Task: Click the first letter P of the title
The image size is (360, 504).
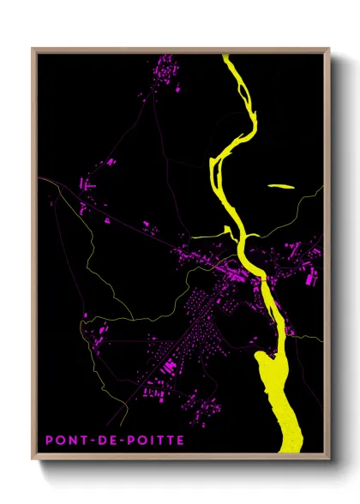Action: coord(50,440)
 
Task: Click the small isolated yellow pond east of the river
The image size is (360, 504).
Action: coord(280,185)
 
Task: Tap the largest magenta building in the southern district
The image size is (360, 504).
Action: coord(170,367)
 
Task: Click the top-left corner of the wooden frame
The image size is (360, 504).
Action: coord(33,49)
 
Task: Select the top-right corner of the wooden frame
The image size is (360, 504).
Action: coord(329,49)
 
